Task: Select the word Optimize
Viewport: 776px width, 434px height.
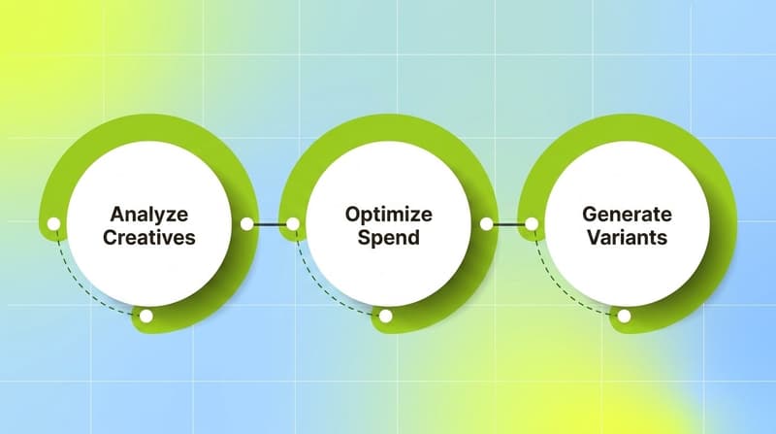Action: tap(388, 213)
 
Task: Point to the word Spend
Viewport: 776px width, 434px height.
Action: tap(388, 236)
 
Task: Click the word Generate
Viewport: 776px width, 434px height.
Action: tap(627, 213)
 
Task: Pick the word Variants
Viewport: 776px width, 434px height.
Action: tap(627, 236)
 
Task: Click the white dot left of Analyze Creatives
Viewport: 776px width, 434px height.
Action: tap(54, 224)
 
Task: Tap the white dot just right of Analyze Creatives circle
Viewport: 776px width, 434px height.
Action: tap(247, 224)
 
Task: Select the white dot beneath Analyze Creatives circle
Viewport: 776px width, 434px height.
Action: tap(145, 316)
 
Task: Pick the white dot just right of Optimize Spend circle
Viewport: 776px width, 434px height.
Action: tap(487, 224)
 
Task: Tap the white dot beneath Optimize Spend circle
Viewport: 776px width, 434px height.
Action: tap(385, 316)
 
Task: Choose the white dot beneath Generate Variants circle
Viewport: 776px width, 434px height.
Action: tap(624, 316)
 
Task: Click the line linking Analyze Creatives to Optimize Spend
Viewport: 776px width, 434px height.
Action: tap(271, 224)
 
